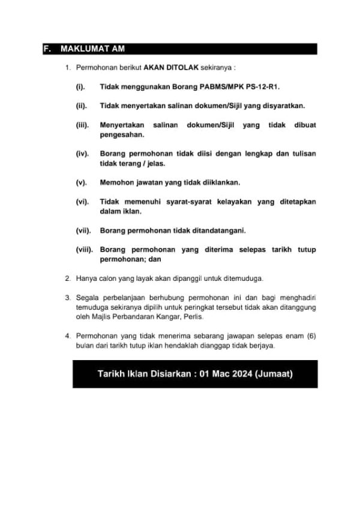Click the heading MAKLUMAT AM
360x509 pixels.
(92, 49)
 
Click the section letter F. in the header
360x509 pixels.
(48, 49)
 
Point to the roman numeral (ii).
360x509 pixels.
(81, 106)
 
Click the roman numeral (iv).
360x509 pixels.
(82, 154)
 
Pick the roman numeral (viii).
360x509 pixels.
(85, 249)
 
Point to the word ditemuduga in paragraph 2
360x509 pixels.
(244, 279)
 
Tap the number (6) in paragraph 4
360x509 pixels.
(311, 336)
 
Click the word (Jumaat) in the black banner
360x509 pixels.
(274, 374)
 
